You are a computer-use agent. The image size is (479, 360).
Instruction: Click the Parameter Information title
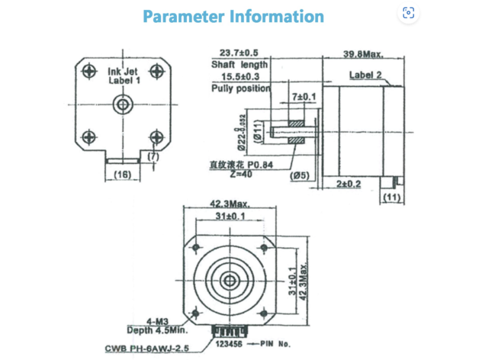[233, 16]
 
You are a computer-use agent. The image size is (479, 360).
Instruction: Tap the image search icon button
[408, 13]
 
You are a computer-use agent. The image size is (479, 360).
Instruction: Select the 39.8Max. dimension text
[362, 54]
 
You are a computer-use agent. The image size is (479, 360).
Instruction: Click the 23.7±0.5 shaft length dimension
[239, 53]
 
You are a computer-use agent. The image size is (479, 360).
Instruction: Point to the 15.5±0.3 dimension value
[239, 77]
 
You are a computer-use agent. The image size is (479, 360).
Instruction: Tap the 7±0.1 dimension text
[303, 98]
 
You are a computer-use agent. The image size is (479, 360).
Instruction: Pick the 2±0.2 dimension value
[348, 184]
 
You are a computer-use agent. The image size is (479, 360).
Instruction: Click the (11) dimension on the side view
[392, 198]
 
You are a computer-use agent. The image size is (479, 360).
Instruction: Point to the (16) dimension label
[121, 175]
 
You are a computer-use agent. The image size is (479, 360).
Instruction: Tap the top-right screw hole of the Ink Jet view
[156, 71]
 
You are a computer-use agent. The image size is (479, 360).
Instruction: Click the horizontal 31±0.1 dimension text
[229, 217]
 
